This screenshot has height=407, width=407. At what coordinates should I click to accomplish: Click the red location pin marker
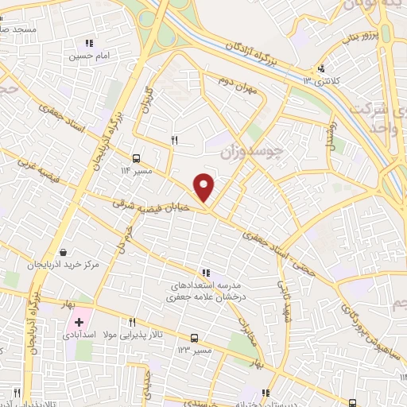tap(205, 187)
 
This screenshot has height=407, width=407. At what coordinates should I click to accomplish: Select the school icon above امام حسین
tap(90, 43)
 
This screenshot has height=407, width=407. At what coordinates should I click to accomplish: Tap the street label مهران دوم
tap(239, 83)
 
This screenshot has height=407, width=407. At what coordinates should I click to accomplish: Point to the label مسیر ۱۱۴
tap(135, 170)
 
